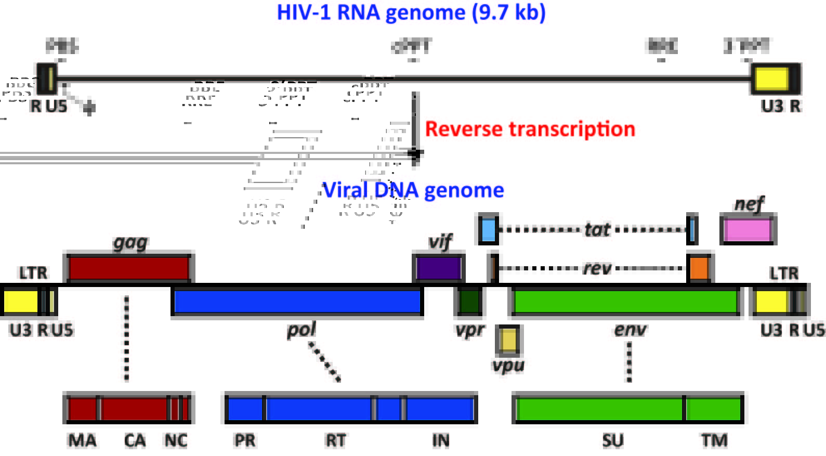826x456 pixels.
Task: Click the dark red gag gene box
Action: [128, 268]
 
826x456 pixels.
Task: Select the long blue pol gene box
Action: [297, 302]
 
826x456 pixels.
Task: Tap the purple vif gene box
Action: [438, 268]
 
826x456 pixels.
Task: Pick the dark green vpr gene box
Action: [469, 301]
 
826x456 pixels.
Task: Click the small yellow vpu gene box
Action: [508, 340]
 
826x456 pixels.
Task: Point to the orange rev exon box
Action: [699, 268]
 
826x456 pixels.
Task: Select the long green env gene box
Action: [625, 302]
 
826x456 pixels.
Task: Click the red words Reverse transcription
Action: [530, 129]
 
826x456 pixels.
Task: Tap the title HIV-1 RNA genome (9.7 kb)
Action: [411, 12]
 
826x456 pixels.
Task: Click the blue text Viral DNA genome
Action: [413, 190]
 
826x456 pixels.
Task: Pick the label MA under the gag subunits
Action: [82, 441]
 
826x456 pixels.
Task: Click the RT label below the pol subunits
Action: [336, 441]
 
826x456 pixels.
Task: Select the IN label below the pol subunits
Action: [441, 441]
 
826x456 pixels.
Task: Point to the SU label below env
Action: [613, 441]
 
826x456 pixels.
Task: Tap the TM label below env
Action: [714, 441]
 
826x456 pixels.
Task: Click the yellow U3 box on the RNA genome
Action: [771, 79]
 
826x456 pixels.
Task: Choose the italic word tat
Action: [597, 229]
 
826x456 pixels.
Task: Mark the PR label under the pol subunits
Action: [245, 441]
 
